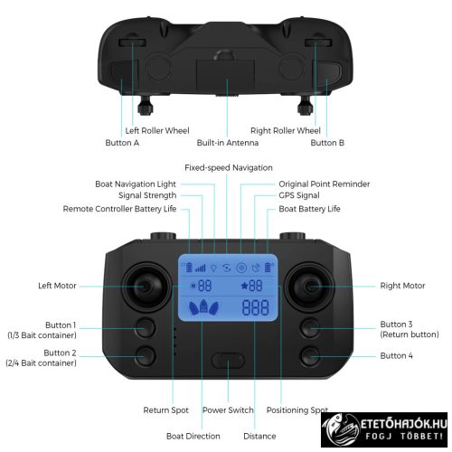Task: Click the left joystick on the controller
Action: pos(144,286)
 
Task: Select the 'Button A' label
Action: pos(122,143)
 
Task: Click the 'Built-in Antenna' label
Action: pos(228,143)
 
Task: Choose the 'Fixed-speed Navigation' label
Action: pos(228,168)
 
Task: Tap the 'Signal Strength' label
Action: pos(147,196)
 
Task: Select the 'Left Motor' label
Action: pos(57,287)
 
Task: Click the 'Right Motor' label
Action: pos(402,287)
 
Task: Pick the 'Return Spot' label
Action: pos(166,410)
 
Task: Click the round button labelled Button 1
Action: pos(144,327)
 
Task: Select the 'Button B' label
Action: pos(327,143)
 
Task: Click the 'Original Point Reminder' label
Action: pos(324,184)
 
